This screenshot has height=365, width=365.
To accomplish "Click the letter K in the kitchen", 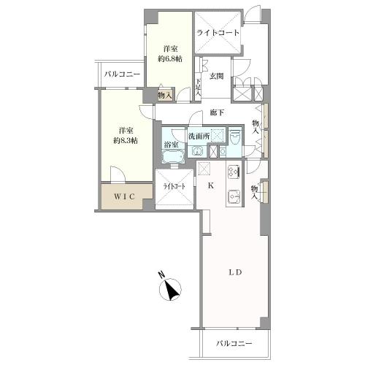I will [x=212, y=186].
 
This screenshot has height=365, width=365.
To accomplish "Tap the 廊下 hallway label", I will [x=217, y=113].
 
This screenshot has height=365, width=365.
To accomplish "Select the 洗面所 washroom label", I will [x=199, y=137].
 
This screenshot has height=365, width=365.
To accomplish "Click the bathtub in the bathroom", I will [x=173, y=158].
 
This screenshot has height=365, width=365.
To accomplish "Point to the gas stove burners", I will [x=234, y=172].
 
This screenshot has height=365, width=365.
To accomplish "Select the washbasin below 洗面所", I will [x=197, y=151].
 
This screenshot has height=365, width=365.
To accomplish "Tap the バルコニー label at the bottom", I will [x=234, y=344].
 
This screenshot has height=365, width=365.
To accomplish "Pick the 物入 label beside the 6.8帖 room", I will [x=165, y=95].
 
